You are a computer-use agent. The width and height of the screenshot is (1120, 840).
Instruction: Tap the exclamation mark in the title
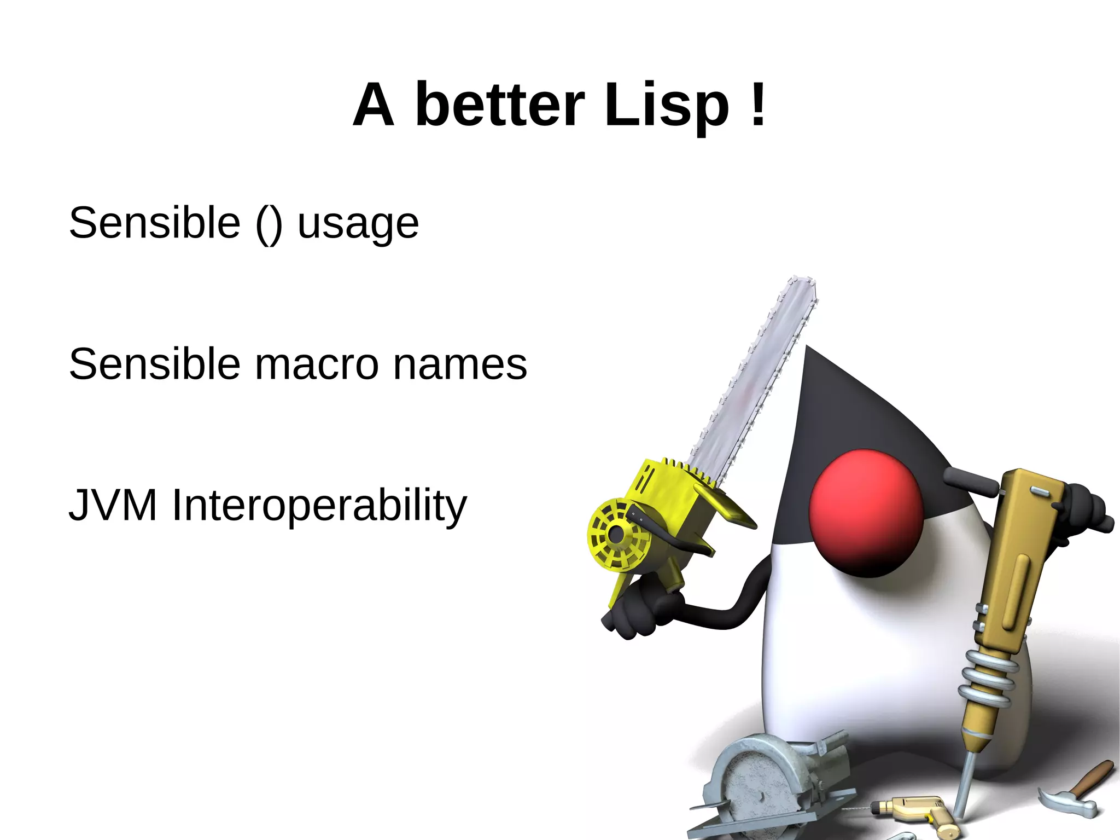[758, 104]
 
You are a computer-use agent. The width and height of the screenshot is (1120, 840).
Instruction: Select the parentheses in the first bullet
[269, 223]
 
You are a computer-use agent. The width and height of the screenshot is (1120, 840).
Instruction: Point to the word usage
[358, 223]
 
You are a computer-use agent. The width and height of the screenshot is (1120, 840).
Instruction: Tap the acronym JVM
[113, 505]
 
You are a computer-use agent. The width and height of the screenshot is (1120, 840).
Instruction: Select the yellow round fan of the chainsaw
[617, 534]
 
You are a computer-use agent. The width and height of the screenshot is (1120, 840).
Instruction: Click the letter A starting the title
[374, 105]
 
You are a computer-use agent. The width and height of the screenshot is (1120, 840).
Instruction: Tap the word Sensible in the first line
[155, 223]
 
